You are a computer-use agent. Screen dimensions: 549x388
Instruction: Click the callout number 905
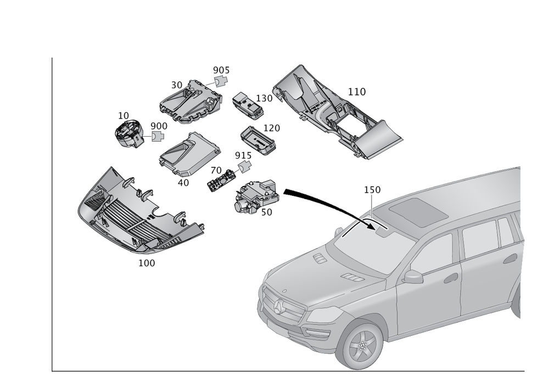[221, 70]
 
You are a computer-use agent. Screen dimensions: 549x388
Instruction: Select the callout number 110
[357, 92]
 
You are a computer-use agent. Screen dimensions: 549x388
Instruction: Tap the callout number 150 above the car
[372, 190]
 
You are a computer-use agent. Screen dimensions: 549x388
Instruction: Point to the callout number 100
[147, 263]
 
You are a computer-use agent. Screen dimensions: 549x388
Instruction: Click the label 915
[243, 155]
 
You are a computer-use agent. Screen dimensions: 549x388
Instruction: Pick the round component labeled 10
[129, 133]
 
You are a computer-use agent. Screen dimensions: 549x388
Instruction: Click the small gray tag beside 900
[158, 136]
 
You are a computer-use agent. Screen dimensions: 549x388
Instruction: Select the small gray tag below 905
[221, 81]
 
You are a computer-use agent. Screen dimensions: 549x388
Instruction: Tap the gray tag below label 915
[245, 166]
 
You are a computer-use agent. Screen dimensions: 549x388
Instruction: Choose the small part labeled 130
[248, 105]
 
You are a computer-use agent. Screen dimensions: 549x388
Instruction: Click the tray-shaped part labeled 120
[257, 140]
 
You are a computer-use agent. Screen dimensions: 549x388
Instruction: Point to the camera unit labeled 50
[256, 196]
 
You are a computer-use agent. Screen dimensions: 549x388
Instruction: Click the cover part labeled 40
[189, 154]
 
